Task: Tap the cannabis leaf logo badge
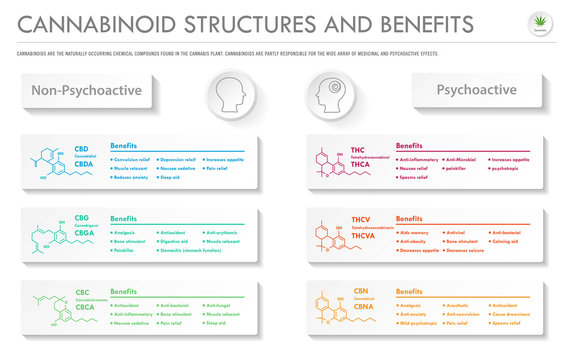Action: (541, 24)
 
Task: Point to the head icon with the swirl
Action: (330, 95)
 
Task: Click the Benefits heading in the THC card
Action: (410, 146)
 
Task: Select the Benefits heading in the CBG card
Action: (124, 218)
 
